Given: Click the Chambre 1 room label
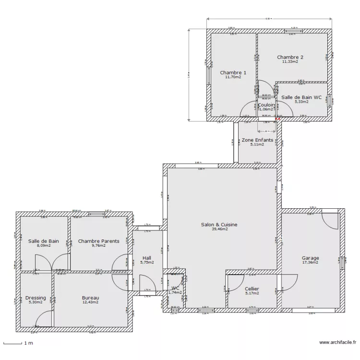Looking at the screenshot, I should pos(233,72).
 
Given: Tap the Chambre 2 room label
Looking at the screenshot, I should pos(290,57).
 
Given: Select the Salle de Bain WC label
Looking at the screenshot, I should pos(301,97).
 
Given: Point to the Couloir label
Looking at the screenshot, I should pos(266,105).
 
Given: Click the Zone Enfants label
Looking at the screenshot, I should pos(257,140).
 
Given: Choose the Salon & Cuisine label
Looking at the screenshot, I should pos(219,224).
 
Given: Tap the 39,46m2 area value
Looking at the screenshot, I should pos(219,229).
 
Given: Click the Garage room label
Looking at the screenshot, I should pos(310,258).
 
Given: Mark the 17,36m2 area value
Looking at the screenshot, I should pos(310,263).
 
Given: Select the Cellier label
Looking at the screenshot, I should pos(252,288).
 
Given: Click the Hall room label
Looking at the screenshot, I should pos(147,258).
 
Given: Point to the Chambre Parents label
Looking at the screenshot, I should pos(98,241).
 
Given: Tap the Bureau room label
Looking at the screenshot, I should pos(90,298).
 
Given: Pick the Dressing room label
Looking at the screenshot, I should pos(36,298).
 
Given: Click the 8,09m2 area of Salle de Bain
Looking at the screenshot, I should pos(43,246).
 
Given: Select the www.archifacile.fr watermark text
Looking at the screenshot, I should pos(337,343).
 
